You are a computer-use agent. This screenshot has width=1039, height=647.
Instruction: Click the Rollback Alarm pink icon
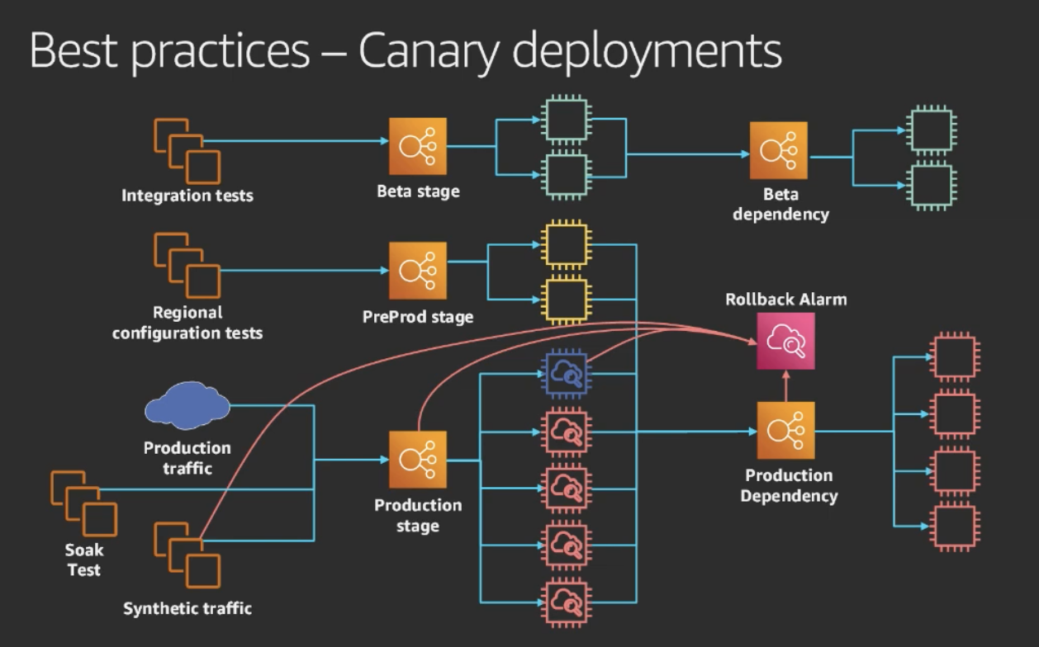[785, 341]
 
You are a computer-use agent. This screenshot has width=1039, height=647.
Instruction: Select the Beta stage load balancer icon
[418, 146]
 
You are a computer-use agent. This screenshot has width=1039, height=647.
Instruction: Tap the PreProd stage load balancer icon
[418, 271]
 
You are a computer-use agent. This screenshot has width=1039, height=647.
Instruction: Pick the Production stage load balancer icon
[418, 460]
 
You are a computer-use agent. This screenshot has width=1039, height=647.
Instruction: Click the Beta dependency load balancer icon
[779, 150]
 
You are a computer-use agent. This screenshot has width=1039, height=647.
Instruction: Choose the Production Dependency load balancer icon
[785, 431]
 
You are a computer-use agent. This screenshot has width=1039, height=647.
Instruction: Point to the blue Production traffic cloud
[187, 405]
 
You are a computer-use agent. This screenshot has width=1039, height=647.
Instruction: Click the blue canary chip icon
[565, 375]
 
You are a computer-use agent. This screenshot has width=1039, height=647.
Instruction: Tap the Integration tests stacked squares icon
[187, 151]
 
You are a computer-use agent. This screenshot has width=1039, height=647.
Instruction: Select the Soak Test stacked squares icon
[83, 503]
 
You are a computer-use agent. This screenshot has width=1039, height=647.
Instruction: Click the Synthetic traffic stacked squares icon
[187, 554]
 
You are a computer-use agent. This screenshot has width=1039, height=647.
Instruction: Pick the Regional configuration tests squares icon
[187, 265]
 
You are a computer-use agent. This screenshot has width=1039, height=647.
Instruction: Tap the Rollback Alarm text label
[785, 300]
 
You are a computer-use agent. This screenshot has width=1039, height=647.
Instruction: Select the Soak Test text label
[83, 560]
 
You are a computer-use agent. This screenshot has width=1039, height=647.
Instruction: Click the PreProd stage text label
[418, 317]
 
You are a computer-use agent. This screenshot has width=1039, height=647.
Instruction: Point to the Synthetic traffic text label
[187, 609]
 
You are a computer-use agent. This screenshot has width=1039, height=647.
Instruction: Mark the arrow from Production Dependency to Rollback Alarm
[785, 385]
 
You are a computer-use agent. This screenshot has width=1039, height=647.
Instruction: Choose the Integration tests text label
[187, 196]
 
